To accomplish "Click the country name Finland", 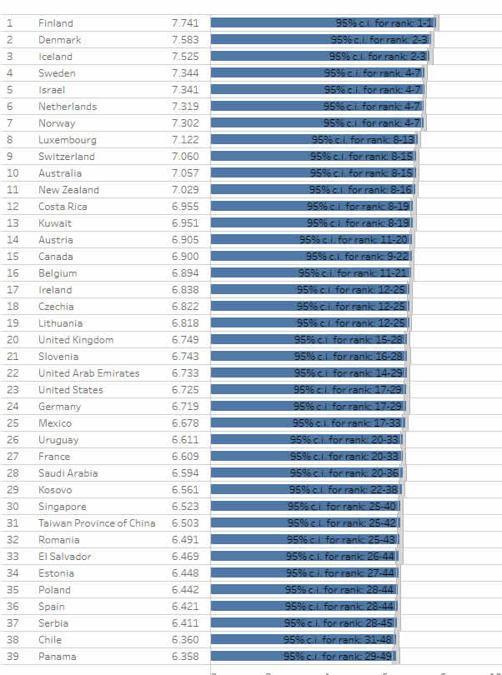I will pos(55,23).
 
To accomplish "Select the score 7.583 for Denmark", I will pos(185,40).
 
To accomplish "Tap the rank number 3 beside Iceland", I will pos(10,57).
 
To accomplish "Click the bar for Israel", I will pos(317,90).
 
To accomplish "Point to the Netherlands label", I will pos(67,107).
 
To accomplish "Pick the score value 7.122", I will pos(185,140).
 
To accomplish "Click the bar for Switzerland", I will pos(313,157).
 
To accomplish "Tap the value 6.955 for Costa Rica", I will pos(185,207).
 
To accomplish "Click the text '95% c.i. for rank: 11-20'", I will pos(354,240).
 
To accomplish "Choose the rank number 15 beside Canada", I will pos(13,257).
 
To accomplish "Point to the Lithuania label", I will pos(60,323).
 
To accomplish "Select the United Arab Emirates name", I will pos(88,373).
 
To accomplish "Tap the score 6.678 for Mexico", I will pos(185,423).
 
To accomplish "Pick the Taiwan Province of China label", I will pos(96,523).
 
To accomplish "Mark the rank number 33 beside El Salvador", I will pos(13,557).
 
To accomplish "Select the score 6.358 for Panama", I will pos(185,657).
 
